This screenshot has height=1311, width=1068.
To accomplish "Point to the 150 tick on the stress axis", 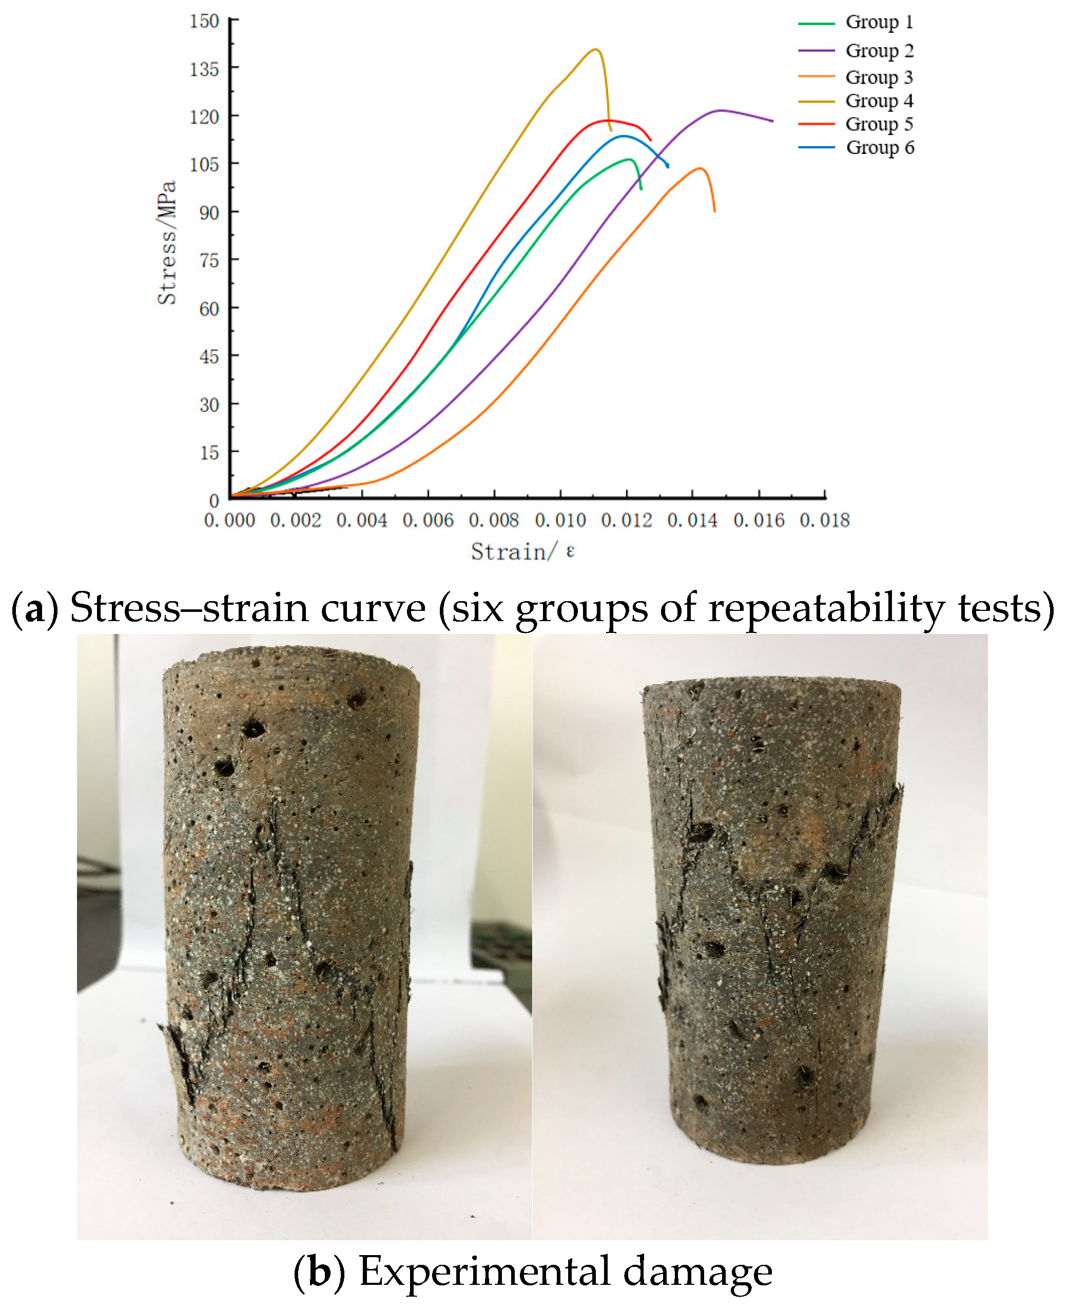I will point(204,21).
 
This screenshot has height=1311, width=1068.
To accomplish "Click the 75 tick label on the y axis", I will point(209,260).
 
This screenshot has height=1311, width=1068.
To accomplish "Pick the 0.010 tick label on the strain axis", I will point(560,520).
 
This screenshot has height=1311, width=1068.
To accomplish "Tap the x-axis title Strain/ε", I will point(523,551).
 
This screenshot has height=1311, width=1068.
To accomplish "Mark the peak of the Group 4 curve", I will point(595,49).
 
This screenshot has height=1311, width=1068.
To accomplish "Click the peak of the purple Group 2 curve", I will point(721,111).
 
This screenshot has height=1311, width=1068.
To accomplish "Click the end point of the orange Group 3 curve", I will point(714,211).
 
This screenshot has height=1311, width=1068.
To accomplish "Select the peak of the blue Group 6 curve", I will point(624,136).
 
